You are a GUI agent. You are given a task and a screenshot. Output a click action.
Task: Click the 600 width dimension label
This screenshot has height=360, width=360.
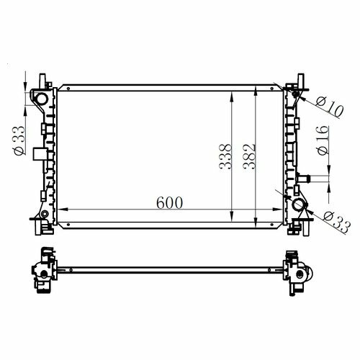(169, 203)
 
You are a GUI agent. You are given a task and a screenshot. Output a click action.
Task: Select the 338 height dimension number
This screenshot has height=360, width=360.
(225, 156)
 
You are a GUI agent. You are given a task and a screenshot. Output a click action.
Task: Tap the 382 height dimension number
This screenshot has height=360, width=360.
(249, 156)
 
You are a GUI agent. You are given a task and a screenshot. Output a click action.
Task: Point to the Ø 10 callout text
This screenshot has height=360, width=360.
(330, 107)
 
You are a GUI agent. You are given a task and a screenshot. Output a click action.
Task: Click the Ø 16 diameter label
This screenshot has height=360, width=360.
(323, 140)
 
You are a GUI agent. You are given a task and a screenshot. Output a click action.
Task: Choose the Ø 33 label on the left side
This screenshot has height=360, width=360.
(19, 140)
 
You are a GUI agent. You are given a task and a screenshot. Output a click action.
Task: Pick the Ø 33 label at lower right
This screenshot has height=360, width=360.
(337, 222)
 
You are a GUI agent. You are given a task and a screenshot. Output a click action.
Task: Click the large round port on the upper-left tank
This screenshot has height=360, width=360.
(41, 99)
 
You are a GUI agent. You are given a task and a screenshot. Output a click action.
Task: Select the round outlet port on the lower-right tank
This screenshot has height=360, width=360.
(297, 205)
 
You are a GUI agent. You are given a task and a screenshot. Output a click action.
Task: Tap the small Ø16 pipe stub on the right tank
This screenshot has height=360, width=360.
(304, 179)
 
